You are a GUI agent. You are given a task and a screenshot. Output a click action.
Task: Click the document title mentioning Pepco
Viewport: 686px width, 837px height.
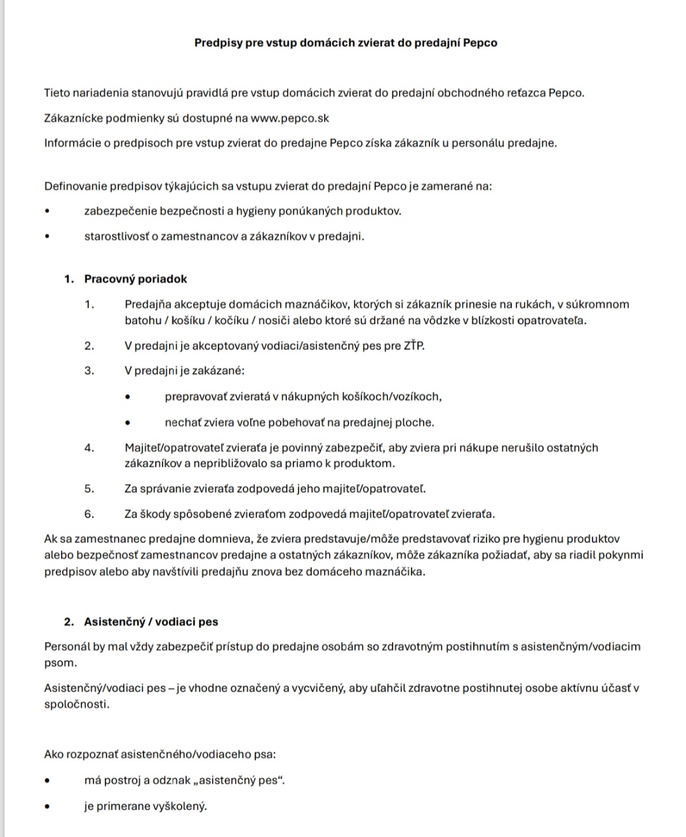click(346, 43)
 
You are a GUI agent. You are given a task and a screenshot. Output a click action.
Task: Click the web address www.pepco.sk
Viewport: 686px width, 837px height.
click(290, 118)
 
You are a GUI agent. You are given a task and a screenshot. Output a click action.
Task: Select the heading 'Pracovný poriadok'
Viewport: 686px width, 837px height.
click(135, 279)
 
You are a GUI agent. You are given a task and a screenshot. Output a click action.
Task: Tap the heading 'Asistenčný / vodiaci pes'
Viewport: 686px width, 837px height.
click(151, 622)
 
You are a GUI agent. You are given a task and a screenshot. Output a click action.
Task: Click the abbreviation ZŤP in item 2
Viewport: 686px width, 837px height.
click(414, 346)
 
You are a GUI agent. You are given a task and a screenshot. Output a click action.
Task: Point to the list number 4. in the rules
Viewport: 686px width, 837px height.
click(89, 448)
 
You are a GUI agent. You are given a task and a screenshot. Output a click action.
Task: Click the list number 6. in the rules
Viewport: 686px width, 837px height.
click(89, 514)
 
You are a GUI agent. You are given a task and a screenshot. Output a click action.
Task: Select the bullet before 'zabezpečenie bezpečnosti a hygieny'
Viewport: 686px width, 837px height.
click(46, 211)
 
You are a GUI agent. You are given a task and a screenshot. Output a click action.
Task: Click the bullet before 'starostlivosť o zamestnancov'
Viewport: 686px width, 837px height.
click(46, 237)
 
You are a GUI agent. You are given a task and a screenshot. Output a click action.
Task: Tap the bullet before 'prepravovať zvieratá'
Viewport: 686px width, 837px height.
click(127, 397)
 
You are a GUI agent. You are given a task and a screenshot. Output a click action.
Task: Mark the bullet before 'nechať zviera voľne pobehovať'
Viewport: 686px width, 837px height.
click(127, 422)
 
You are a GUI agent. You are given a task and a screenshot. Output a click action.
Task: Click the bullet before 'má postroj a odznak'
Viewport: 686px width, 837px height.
click(46, 780)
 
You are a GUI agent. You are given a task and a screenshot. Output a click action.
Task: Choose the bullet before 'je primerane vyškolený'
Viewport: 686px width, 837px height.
click(46, 807)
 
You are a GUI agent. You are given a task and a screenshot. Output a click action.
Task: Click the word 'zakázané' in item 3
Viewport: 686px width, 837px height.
click(222, 371)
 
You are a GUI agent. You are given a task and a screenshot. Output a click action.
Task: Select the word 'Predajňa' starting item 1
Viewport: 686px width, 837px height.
click(147, 304)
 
